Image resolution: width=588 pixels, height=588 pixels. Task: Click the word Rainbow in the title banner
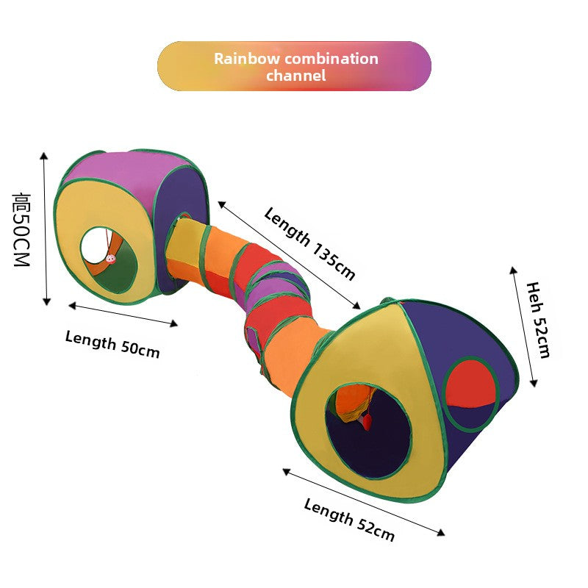(247, 59)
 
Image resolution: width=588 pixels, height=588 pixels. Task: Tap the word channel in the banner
(296, 76)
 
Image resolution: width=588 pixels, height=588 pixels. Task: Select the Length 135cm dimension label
(309, 244)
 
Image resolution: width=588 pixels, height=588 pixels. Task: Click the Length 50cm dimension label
(112, 344)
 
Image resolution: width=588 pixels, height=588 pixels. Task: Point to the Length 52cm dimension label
(349, 520)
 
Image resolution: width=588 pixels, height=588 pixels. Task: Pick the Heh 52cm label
(539, 320)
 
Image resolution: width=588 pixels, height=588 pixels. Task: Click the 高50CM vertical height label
(21, 229)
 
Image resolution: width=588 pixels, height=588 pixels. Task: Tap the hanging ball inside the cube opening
(111, 259)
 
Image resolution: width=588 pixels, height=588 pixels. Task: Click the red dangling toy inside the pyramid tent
(367, 421)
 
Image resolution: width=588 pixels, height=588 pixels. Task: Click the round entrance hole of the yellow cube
(109, 261)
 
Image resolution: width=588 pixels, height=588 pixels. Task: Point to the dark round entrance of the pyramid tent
(369, 431)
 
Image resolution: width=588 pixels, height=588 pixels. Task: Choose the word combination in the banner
(331, 59)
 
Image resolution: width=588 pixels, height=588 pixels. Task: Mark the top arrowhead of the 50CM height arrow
(44, 156)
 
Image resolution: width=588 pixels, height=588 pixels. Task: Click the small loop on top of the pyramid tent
(387, 301)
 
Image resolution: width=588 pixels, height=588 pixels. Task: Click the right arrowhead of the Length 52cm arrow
(442, 532)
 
